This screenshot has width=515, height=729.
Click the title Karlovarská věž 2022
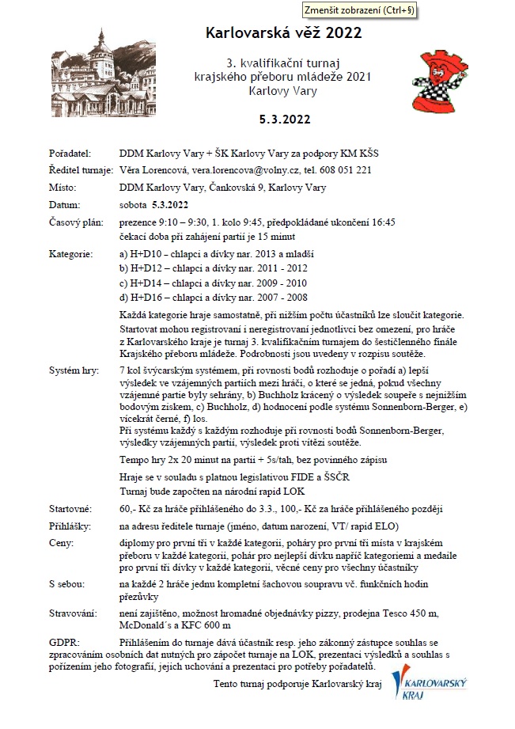283,32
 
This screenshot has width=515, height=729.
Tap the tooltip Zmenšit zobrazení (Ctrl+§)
359,10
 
